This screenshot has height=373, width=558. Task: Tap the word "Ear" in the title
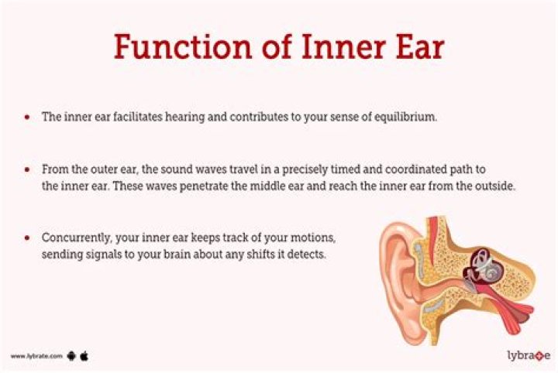tap(414, 46)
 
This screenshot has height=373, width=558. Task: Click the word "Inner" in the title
tap(336, 46)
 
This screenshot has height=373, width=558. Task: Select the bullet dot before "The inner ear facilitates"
tap(27, 118)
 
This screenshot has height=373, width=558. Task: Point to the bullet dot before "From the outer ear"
tap(27, 169)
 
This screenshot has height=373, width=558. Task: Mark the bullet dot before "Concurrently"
tap(27, 236)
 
